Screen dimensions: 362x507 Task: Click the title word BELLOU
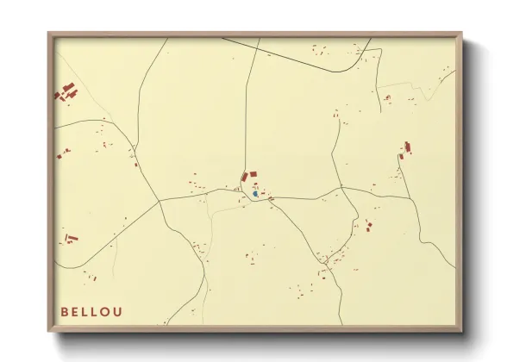[x=91, y=311]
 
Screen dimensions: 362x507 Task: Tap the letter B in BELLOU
[x=65, y=311]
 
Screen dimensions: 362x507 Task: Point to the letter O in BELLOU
[x=106, y=311]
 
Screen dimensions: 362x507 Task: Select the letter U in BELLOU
[x=118, y=311]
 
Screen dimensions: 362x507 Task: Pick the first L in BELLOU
[x=85, y=311]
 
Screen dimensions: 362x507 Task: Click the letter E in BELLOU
[x=75, y=311]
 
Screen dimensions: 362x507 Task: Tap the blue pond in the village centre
[x=255, y=194]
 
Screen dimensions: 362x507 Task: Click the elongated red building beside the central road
[x=244, y=178]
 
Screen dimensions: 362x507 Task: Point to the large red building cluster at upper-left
[x=66, y=90]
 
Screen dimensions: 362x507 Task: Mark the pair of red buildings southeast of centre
[x=369, y=227]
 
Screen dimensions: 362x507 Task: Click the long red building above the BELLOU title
[x=71, y=236]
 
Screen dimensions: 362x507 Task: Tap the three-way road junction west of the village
[x=160, y=202]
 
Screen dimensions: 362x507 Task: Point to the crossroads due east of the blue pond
[x=341, y=188]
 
